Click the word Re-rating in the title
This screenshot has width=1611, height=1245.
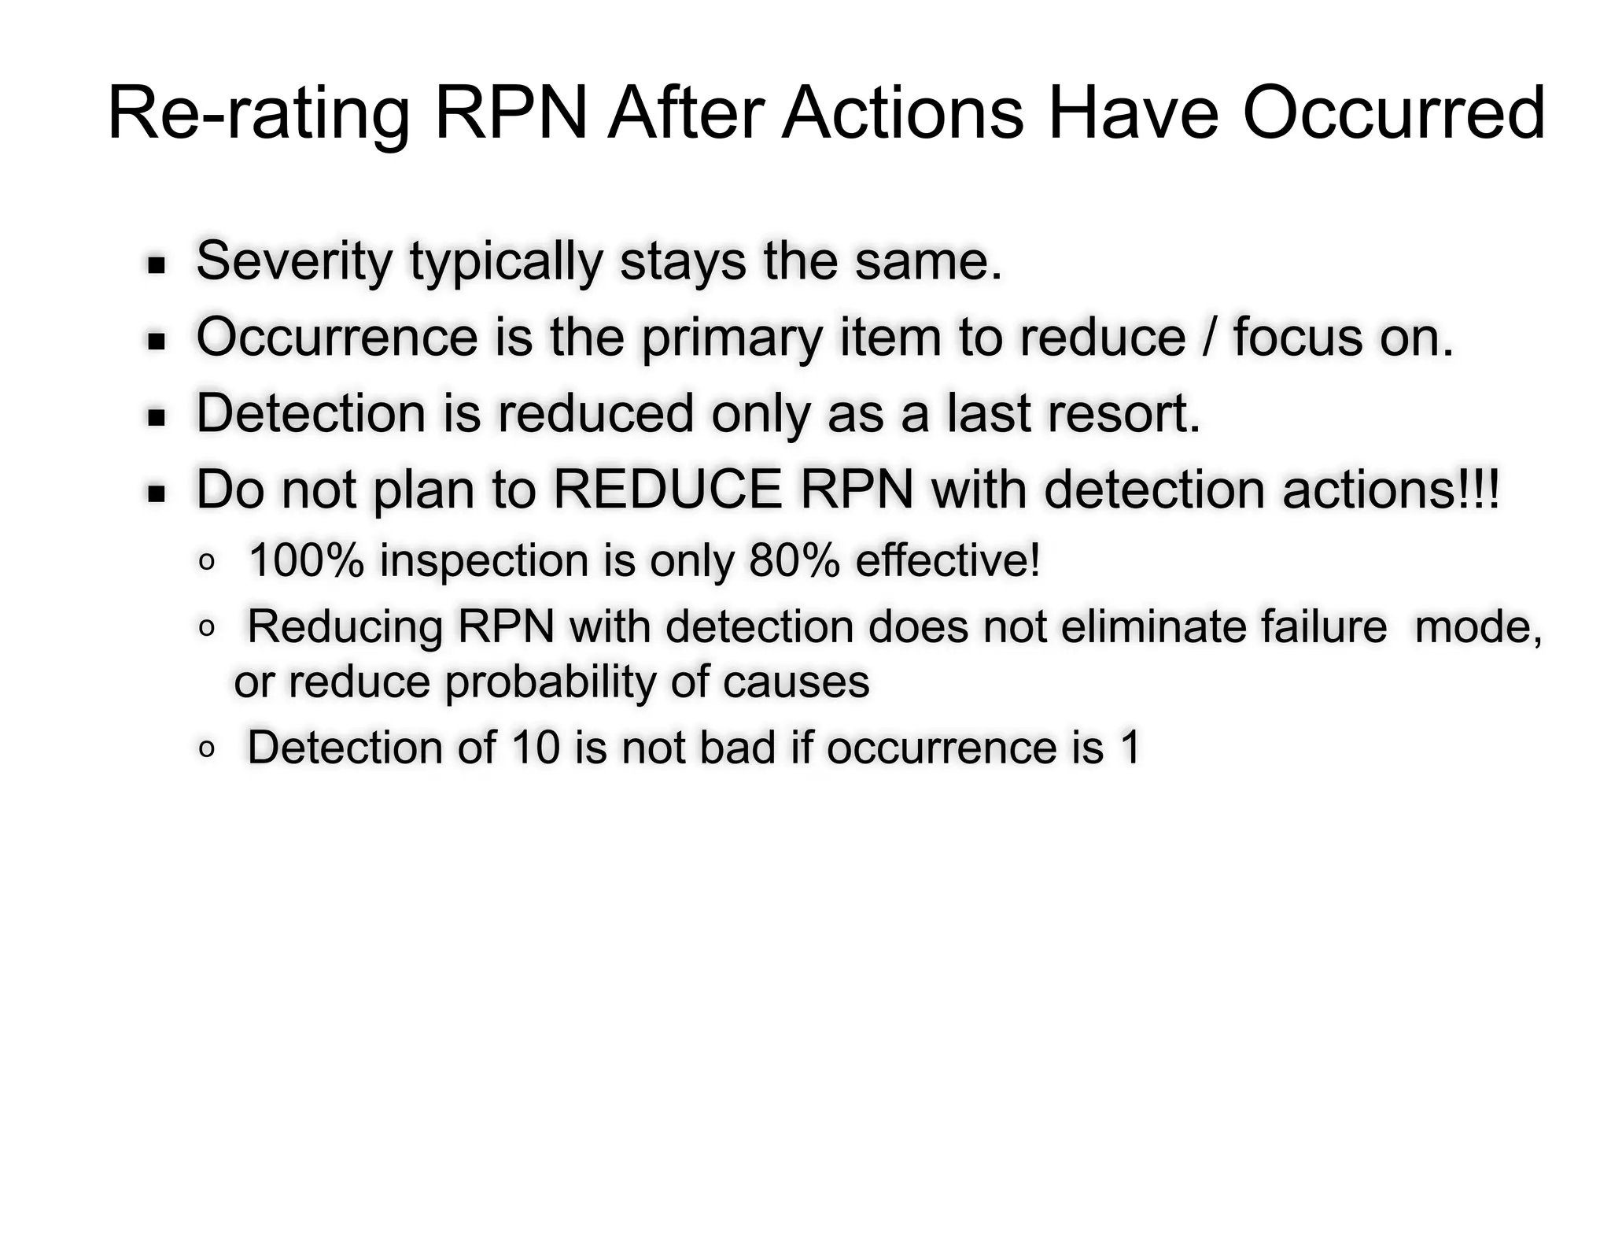coord(258,115)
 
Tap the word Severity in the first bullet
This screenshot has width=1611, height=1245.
coord(293,261)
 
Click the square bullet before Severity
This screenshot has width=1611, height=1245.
coord(157,265)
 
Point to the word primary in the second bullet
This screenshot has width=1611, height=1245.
coord(732,338)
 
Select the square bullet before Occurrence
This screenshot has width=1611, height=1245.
coord(157,342)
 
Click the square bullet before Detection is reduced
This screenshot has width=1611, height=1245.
coord(157,417)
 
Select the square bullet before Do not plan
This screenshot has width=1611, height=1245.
coord(157,494)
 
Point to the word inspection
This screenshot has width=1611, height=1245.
coord(484,562)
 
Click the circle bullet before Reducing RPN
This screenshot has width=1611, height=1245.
coord(207,627)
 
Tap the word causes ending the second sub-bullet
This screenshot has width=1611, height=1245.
coord(796,682)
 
